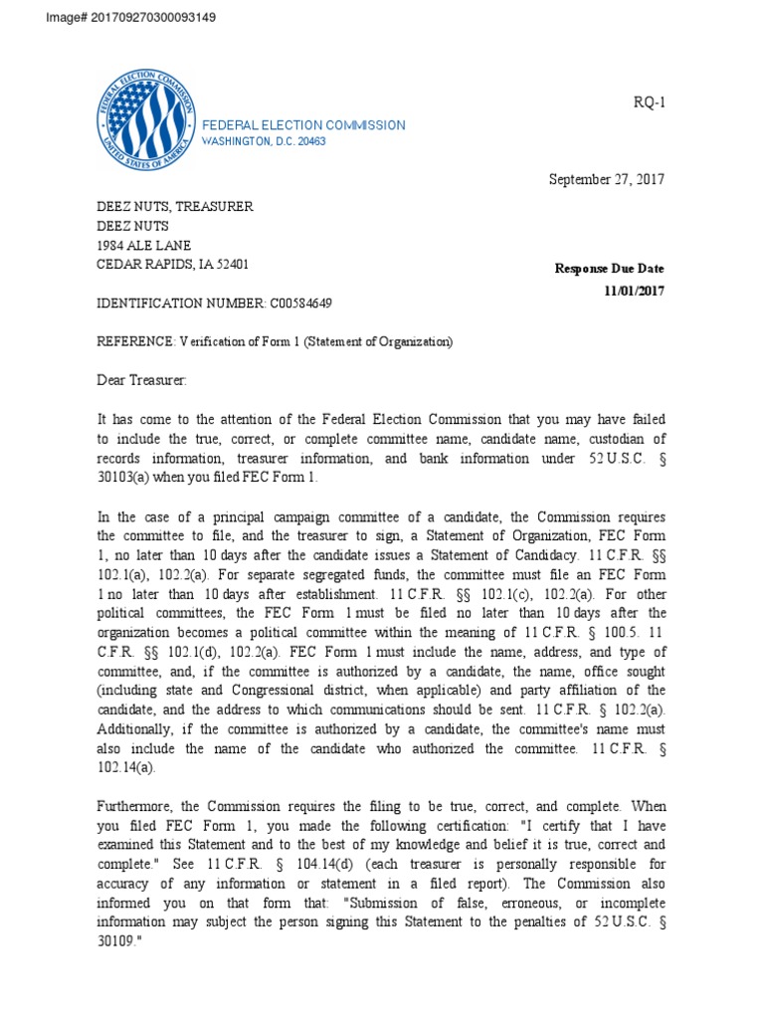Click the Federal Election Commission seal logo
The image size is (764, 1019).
click(x=145, y=125)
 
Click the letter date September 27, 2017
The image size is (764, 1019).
click(x=606, y=179)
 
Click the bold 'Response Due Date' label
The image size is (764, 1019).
click(x=609, y=269)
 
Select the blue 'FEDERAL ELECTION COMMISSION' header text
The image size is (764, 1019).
click(x=303, y=125)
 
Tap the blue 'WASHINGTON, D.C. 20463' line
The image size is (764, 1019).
click(x=264, y=142)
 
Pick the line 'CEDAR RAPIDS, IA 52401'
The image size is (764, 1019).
click(x=172, y=265)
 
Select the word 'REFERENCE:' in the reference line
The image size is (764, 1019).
click(x=134, y=341)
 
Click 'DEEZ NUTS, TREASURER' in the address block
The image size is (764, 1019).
click(x=174, y=207)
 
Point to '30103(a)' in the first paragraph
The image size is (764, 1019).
click(x=123, y=479)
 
